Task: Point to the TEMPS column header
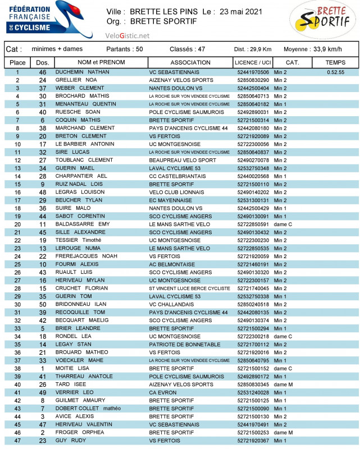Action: click(x=335, y=62)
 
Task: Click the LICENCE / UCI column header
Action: click(x=253, y=62)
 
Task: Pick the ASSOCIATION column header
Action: click(x=190, y=62)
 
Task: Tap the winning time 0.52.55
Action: click(x=335, y=72)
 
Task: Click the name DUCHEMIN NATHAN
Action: click(x=82, y=72)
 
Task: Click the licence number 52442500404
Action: click(x=253, y=88)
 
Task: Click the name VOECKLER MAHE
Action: click(x=80, y=360)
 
